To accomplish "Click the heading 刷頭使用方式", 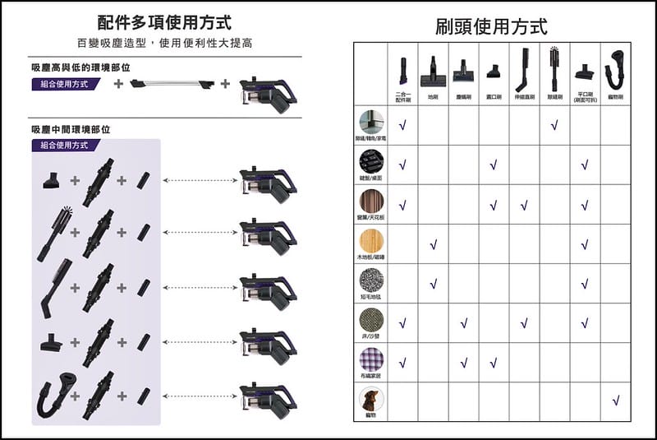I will click(491, 26).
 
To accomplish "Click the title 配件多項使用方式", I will click(163, 21).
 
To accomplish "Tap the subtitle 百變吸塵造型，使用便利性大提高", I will click(164, 43).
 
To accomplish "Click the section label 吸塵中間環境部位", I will click(70, 129).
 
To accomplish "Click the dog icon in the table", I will click(370, 400).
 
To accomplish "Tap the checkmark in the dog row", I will click(615, 401).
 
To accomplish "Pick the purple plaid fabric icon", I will click(370, 359).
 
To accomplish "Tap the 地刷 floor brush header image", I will click(432, 72).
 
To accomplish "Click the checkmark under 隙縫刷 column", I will click(554, 125).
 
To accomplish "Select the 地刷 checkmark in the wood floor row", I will click(433, 244).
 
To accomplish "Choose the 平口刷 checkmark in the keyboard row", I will click(584, 165).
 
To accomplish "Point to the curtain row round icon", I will click(370, 201).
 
